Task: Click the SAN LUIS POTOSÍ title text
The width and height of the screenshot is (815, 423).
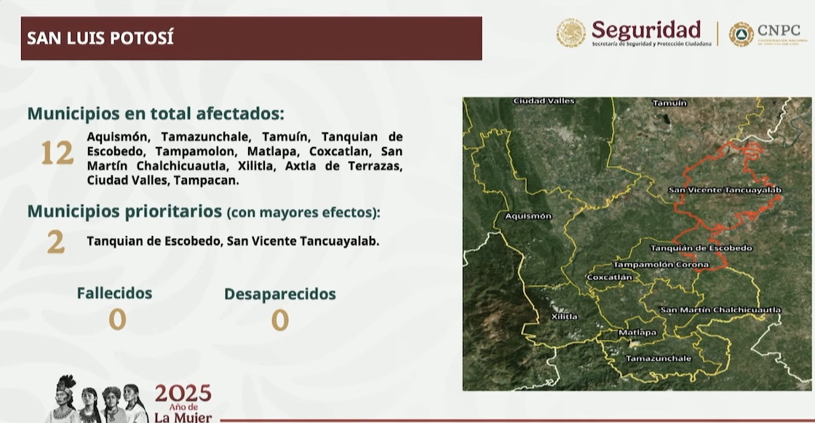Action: point(100,38)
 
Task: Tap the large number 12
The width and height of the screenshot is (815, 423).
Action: point(57,154)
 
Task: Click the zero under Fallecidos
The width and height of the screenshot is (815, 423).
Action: point(117,319)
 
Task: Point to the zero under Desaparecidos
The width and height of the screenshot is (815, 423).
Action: point(279,320)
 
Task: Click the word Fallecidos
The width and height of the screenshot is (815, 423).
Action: point(114,293)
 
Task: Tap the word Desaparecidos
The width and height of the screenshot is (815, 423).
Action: point(279,294)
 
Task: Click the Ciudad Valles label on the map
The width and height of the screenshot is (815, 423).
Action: point(544,100)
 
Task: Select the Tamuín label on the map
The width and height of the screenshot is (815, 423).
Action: point(669,103)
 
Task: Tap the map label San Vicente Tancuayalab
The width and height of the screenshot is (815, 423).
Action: point(724,190)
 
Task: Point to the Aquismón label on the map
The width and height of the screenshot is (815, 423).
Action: point(528,216)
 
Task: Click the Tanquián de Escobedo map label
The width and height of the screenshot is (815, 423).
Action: point(701,248)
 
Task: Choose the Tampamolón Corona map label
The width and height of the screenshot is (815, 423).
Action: point(661,264)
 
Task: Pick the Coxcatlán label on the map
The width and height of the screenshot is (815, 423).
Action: point(609,277)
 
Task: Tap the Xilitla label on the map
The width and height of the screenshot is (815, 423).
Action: point(564,317)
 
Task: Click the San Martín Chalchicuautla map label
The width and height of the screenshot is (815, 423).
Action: point(720,310)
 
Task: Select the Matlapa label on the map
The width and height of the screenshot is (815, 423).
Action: point(637,333)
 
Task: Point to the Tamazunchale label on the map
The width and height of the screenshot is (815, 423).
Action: point(659,358)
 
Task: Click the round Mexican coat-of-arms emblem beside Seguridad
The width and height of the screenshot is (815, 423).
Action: point(570,33)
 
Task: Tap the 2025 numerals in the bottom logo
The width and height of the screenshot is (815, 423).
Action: point(183,394)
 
